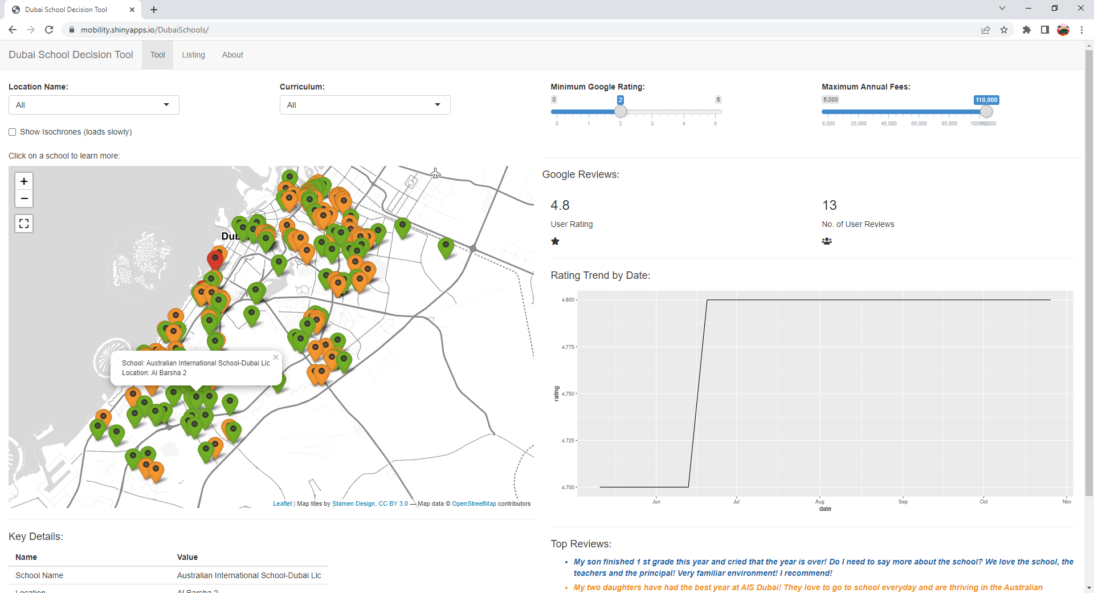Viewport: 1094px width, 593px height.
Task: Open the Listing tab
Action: pos(193,55)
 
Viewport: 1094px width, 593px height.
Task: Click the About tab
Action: pos(232,55)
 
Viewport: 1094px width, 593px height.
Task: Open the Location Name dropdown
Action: pos(94,105)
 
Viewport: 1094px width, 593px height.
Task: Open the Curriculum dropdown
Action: pos(365,105)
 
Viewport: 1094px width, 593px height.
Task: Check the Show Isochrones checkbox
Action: pos(13,132)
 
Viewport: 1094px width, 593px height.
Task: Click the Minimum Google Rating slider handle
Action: pos(621,112)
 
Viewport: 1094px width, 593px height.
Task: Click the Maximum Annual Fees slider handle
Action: pos(986,112)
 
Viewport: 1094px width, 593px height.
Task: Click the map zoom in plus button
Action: pos(24,181)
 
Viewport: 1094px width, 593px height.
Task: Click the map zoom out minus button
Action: pos(24,198)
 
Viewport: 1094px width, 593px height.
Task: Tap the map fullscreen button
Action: pos(24,224)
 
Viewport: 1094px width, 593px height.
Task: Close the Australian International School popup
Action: pos(276,358)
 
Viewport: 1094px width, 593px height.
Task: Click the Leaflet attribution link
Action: pos(282,504)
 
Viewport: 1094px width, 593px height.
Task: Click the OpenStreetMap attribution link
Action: pos(474,504)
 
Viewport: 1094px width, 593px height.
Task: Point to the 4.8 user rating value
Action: pos(560,205)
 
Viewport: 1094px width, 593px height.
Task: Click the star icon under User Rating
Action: pos(556,241)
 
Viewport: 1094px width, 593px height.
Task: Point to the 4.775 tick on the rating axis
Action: pos(568,347)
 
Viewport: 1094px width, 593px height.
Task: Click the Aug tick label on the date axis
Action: pos(820,502)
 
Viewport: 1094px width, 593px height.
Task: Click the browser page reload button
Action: pos(49,30)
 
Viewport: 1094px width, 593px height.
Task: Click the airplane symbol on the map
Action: pos(435,173)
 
